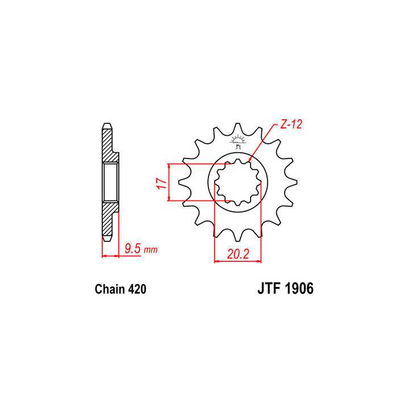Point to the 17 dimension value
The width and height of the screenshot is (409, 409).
point(161,182)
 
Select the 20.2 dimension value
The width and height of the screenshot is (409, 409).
point(238,254)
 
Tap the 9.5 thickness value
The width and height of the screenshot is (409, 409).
point(132,249)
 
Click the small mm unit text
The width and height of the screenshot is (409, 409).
point(150,250)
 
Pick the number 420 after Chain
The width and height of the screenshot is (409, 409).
point(137,289)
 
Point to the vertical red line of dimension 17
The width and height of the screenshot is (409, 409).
point(169,182)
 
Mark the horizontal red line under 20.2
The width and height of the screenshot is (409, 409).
point(237,262)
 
